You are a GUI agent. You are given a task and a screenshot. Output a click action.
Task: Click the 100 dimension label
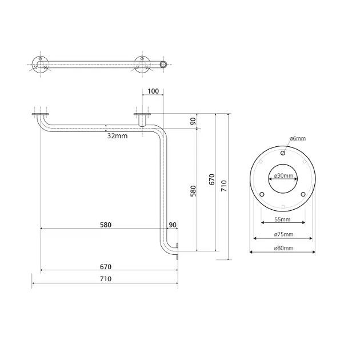tap(153, 91)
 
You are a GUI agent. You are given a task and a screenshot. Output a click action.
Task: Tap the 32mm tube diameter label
tap(117, 136)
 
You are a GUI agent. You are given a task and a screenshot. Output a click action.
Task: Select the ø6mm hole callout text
tap(298, 138)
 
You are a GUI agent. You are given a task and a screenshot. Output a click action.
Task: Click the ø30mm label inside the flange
tap(283, 175)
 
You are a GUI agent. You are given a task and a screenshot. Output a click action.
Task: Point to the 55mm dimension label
tap(282, 219)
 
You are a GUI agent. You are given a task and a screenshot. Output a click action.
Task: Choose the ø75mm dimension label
tap(283, 234)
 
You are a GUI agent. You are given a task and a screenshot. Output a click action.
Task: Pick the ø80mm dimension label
tap(283, 248)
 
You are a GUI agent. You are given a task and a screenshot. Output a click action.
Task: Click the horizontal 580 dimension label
tap(106, 225)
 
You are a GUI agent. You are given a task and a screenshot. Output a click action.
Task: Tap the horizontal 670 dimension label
tap(106, 267)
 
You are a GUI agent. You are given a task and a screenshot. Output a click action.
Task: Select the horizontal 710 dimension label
tap(106, 279)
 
